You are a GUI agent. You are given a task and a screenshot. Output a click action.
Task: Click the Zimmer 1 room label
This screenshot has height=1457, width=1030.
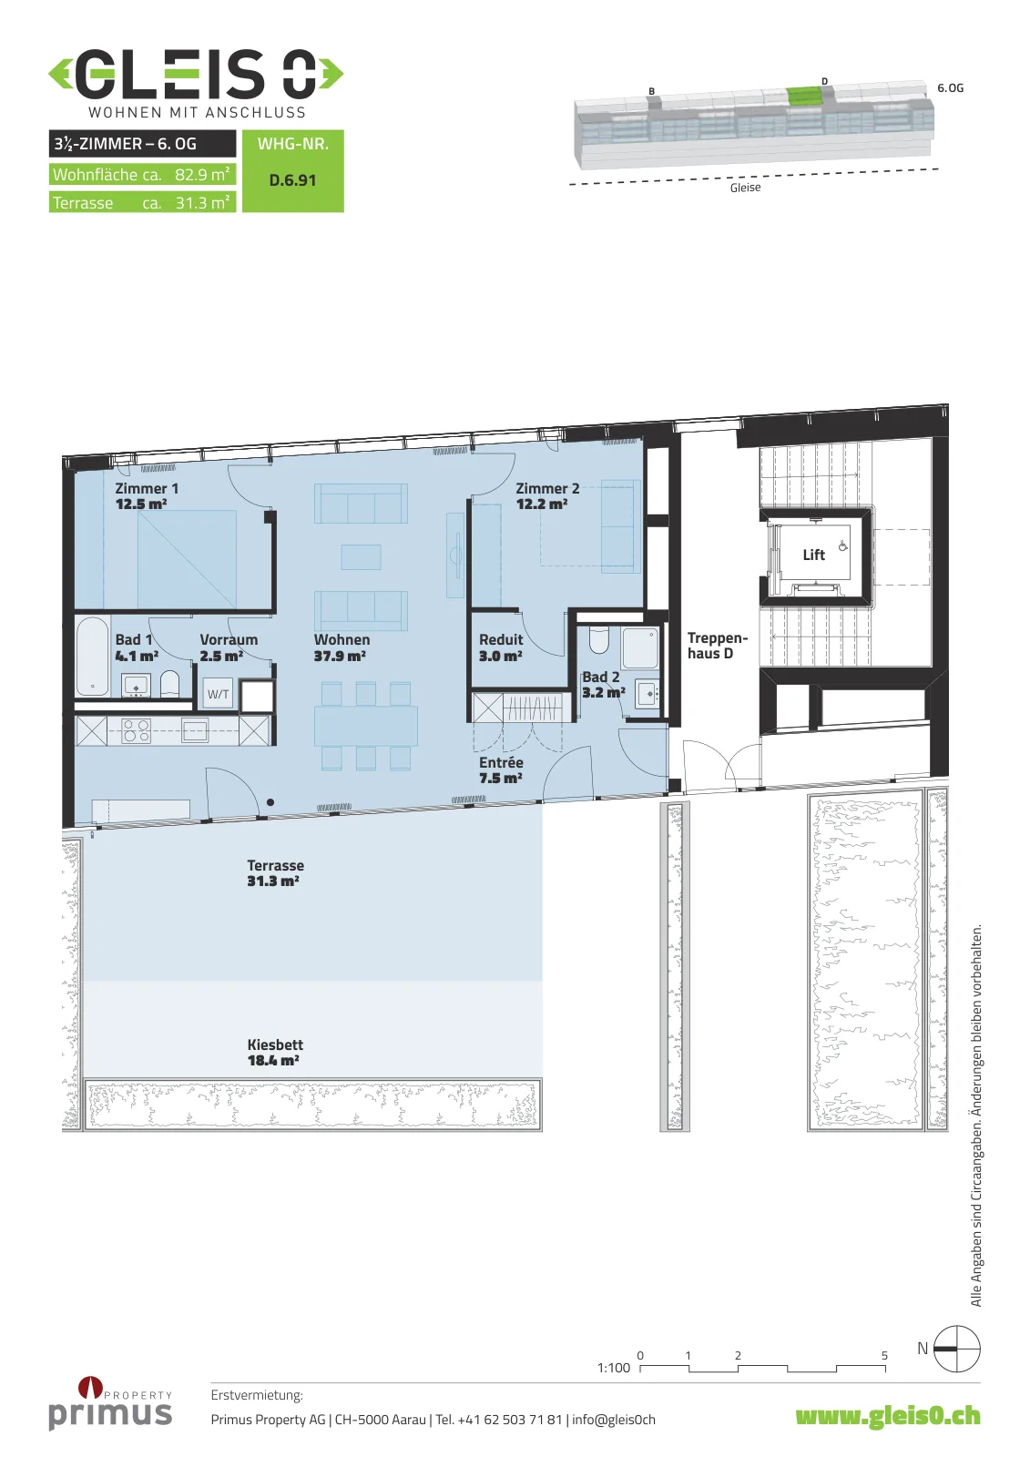pyautogui.click(x=147, y=488)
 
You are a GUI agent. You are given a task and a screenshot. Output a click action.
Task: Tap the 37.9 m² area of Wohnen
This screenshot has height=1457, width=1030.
pyautogui.click(x=340, y=656)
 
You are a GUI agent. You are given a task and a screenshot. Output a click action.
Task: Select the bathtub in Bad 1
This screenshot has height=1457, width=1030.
pyautogui.click(x=92, y=656)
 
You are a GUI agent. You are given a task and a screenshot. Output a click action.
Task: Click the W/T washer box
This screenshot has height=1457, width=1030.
pyautogui.click(x=218, y=694)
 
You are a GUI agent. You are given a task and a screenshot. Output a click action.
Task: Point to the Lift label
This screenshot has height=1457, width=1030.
pyautogui.click(x=813, y=555)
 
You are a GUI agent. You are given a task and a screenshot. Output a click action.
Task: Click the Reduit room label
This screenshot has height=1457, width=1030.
pyautogui.click(x=501, y=639)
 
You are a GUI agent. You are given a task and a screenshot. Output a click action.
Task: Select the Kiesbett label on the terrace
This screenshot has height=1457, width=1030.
pyautogui.click(x=275, y=1044)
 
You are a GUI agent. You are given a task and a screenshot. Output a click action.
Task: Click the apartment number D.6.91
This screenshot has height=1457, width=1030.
pyautogui.click(x=293, y=180)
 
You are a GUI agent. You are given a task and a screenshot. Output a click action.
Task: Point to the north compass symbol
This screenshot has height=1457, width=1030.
pyautogui.click(x=956, y=1349)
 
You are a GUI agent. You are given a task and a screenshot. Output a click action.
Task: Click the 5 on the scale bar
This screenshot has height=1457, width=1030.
pyautogui.click(x=884, y=1356)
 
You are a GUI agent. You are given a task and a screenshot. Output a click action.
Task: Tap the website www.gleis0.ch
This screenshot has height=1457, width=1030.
pyautogui.click(x=888, y=1416)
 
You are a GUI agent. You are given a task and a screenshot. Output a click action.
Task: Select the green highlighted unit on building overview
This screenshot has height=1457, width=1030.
pyautogui.click(x=805, y=97)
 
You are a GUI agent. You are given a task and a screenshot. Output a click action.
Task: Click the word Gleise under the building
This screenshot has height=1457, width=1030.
pyautogui.click(x=745, y=188)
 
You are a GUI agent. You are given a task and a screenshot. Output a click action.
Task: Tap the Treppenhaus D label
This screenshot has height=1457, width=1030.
pyautogui.click(x=718, y=646)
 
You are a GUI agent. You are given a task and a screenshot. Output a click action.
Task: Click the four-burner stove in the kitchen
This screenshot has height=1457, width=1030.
pyautogui.click(x=136, y=730)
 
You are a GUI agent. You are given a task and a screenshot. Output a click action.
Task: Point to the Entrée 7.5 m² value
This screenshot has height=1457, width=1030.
pyautogui.click(x=501, y=778)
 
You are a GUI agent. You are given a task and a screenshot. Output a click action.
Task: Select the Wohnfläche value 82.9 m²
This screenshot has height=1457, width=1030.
pyautogui.click(x=201, y=174)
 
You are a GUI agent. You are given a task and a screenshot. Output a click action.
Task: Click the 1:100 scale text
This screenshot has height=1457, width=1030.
pyautogui.click(x=614, y=1367)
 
